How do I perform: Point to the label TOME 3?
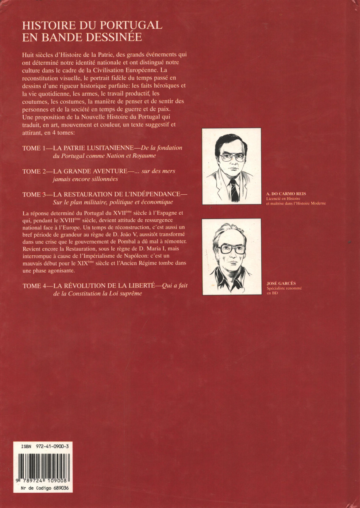pos(36,194)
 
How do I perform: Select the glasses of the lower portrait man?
pos(232,248)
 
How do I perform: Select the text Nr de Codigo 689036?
pos(41,488)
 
